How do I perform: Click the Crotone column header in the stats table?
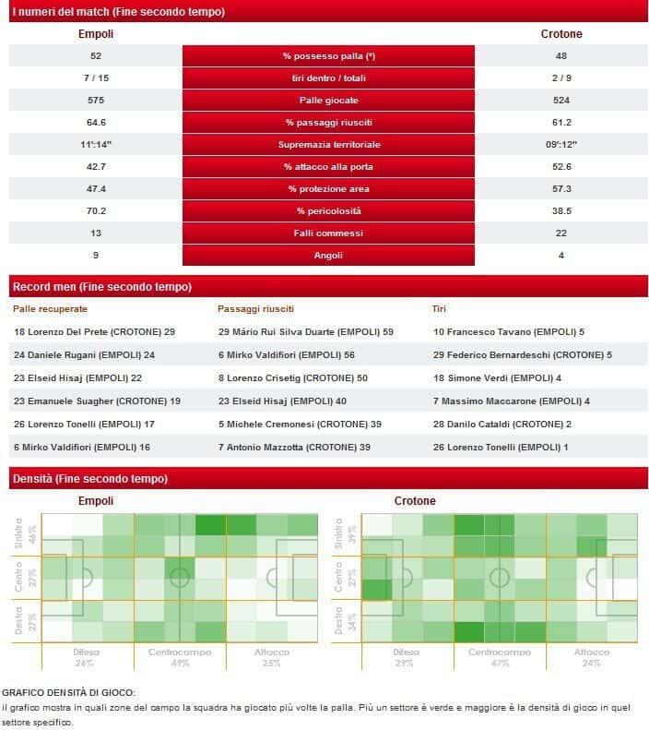[x=560, y=34]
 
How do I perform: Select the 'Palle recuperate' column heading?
[x=51, y=308]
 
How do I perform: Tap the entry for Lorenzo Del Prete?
[x=94, y=330]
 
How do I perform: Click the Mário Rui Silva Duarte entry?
[x=305, y=330]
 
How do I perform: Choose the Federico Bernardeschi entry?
[x=522, y=354]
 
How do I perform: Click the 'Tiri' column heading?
[x=439, y=308]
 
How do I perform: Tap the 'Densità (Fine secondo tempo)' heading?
[x=89, y=479]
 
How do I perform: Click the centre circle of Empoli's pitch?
[x=180, y=579]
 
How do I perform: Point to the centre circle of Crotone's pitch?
[x=500, y=579]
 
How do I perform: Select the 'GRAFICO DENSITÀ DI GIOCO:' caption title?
[x=68, y=691]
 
